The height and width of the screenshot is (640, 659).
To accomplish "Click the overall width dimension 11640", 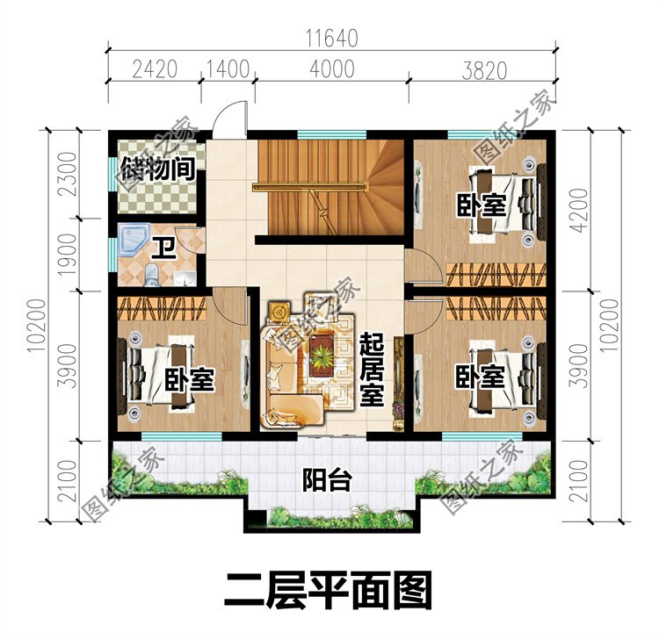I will pyautogui.click(x=333, y=37).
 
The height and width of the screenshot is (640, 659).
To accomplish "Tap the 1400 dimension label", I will pyautogui.click(x=228, y=68).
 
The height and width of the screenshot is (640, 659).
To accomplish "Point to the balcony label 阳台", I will pyautogui.click(x=327, y=480).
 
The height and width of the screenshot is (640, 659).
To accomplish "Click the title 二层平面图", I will pyautogui.click(x=328, y=591).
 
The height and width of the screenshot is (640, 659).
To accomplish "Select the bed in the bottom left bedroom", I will pyautogui.click(x=158, y=378).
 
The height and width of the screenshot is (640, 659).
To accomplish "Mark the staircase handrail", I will pyautogui.click(x=307, y=186).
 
